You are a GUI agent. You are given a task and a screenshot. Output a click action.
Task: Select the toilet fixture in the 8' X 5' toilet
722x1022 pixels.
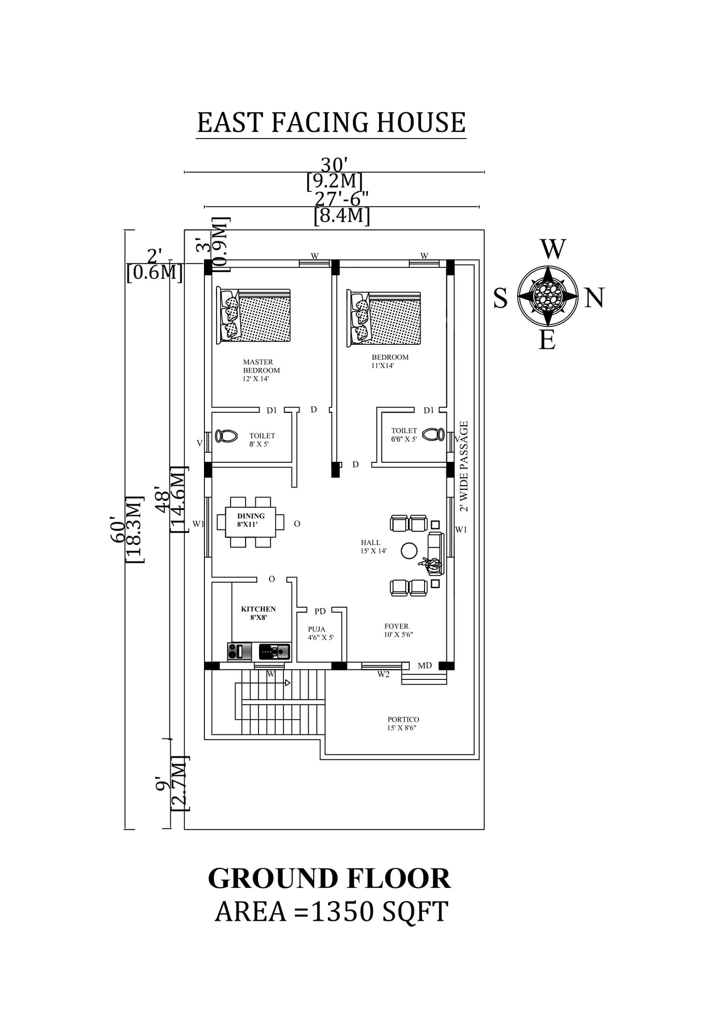coord(226,436)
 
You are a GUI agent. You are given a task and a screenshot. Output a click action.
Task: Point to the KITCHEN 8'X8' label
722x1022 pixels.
coord(258,613)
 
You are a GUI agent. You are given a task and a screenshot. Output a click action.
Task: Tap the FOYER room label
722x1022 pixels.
coord(397,627)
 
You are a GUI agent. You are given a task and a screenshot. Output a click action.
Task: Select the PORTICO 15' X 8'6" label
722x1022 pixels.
coord(403,723)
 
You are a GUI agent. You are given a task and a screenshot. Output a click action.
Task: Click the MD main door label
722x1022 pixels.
coord(425,665)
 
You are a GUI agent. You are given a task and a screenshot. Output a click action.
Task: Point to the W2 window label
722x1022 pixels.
coord(383,675)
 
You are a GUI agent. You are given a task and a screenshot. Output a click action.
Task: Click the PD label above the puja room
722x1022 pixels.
coord(320,612)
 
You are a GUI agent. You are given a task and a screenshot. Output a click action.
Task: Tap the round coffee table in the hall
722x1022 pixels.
coord(409,550)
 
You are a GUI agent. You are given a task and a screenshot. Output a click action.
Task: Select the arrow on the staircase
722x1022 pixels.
coord(287,683)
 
